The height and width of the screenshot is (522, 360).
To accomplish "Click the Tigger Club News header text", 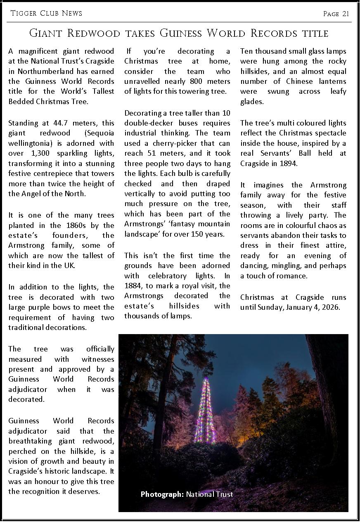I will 46,13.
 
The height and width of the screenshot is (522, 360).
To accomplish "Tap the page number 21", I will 346,14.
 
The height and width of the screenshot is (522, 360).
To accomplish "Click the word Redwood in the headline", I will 95,33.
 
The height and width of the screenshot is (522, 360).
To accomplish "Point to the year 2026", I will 330,307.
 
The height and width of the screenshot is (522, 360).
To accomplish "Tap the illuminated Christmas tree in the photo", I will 205,409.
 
